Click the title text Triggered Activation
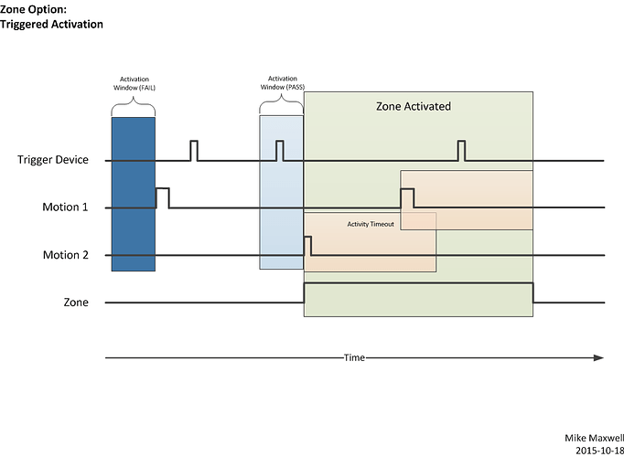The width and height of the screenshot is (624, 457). [51, 25]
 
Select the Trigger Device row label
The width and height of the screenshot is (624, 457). [52, 160]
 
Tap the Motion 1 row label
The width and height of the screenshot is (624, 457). [65, 207]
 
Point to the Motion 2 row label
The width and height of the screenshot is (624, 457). [65, 255]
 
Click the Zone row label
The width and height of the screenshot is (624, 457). [76, 302]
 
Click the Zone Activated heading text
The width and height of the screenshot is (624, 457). [414, 106]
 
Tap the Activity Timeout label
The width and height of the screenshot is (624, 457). [371, 224]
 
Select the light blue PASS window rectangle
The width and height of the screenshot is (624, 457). [281, 192]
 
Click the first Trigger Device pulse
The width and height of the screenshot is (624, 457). [194, 151]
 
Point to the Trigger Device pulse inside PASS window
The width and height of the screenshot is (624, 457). [280, 151]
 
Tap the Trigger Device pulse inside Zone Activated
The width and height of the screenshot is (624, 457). [462, 151]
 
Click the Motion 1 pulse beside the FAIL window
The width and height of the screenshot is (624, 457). [162, 197]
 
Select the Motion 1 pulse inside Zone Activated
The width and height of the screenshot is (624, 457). [407, 197]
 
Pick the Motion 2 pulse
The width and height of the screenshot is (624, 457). [307, 246]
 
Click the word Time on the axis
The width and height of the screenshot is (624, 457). [354, 357]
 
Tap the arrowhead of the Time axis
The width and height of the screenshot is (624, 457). [599, 357]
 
